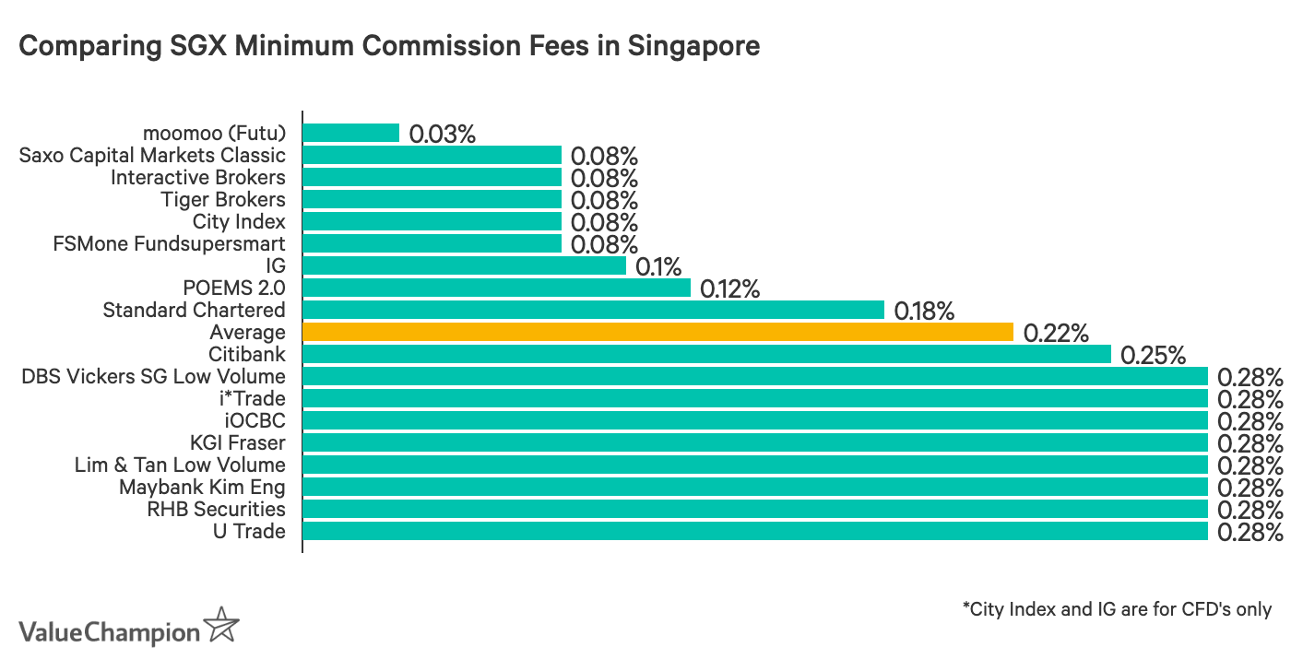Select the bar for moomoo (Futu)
(351, 133)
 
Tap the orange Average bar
(657, 332)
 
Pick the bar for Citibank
(706, 354)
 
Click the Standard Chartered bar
(593, 310)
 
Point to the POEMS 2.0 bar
(496, 288)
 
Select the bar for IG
(464, 265)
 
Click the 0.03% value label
(442, 134)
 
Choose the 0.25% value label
(1153, 355)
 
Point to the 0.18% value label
(924, 311)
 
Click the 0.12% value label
(729, 288)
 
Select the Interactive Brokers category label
(197, 177)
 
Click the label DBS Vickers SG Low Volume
(153, 376)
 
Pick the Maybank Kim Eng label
(202, 487)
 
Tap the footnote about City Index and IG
(1117, 609)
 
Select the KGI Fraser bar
(754, 442)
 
